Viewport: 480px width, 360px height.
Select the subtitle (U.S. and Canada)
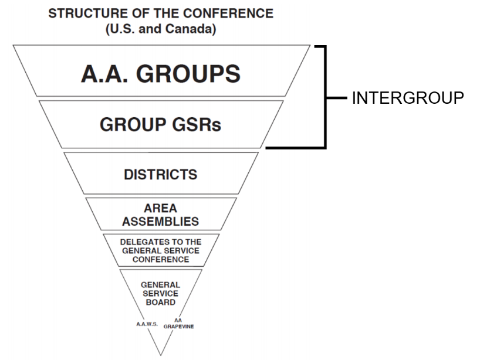pos(161,29)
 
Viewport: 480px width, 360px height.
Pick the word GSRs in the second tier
pos(200,125)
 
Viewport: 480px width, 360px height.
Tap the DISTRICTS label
pos(161,175)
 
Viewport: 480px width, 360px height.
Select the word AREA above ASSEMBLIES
pos(160,209)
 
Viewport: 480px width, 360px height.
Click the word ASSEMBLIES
pos(160,222)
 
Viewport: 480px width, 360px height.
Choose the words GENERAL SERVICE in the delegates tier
pos(160,250)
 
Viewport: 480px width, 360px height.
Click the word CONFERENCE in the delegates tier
pos(160,259)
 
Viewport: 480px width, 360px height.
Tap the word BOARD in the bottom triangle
pos(160,303)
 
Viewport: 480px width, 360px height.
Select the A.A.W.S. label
pos(146,324)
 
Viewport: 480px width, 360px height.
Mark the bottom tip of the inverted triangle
pos(161,354)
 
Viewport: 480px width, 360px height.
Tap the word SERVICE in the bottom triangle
pos(160,294)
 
